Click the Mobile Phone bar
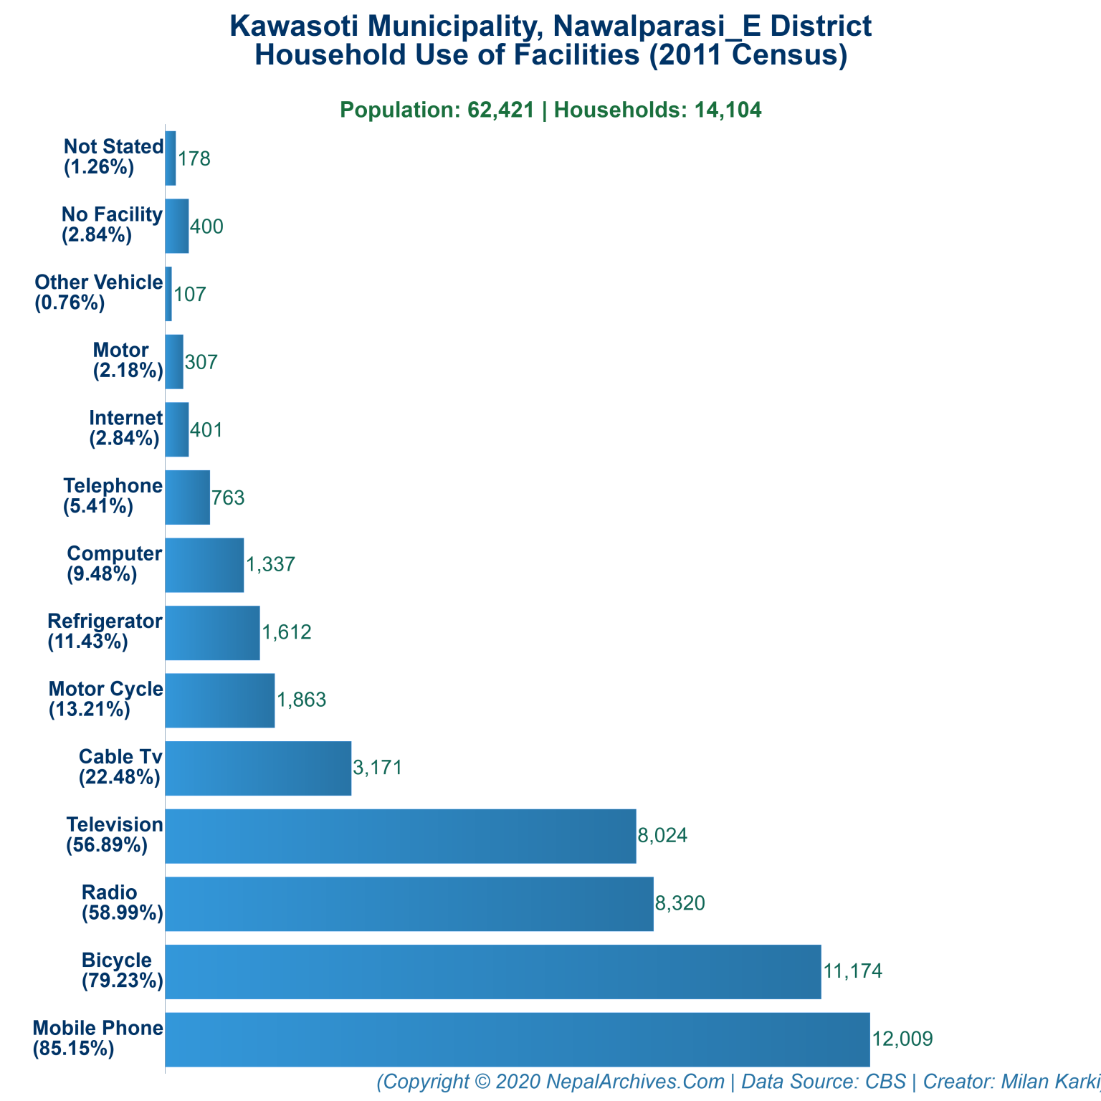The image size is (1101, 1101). click(x=517, y=1039)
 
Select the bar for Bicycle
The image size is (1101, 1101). click(x=493, y=971)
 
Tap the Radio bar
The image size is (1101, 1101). click(x=409, y=904)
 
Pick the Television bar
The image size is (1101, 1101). click(x=401, y=836)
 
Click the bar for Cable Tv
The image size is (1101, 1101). click(x=258, y=768)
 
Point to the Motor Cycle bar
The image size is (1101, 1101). click(x=220, y=700)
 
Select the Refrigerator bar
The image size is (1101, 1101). click(x=212, y=633)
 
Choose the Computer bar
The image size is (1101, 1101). click(x=204, y=565)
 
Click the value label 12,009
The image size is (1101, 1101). click(x=902, y=1039)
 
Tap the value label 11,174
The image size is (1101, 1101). click(x=853, y=971)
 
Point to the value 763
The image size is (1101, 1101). click(x=229, y=497)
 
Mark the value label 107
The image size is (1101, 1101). click(x=190, y=294)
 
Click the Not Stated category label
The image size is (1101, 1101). click(x=113, y=157)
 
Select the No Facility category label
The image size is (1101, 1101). click(x=112, y=224)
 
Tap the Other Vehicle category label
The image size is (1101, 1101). click(x=99, y=292)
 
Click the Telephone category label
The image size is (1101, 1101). click(x=113, y=496)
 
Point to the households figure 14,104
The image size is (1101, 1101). click(x=728, y=110)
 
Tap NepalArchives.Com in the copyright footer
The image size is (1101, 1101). click(x=635, y=1081)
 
